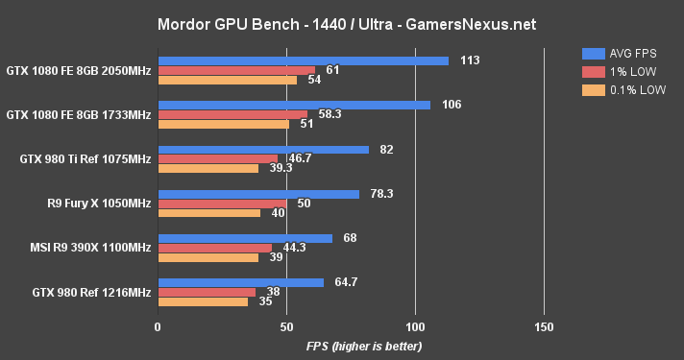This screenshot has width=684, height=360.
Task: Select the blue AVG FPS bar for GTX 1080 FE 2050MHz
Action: [303, 60]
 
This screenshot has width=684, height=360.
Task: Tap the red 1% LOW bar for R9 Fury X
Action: [222, 204]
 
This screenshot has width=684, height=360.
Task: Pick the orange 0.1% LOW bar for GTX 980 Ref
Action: [203, 301]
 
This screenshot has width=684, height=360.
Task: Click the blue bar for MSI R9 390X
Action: [245, 238]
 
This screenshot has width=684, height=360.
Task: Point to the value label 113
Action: [469, 60]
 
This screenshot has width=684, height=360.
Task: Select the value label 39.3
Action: [281, 168]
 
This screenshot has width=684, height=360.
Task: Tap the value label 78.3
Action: [382, 194]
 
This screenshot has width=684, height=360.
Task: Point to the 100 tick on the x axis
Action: [416, 326]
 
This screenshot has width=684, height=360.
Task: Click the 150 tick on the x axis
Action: [545, 326]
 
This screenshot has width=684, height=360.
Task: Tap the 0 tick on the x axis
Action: [158, 326]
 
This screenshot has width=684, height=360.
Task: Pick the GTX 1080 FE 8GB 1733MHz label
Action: [78, 114]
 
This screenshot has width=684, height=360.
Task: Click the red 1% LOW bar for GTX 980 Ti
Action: [217, 159]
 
